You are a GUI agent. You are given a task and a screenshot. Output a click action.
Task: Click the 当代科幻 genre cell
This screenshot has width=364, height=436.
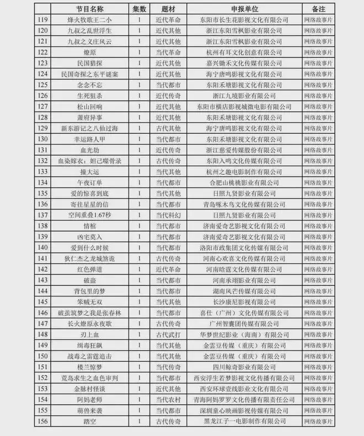[166, 214]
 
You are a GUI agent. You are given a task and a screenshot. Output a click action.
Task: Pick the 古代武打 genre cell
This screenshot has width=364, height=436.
[166, 335]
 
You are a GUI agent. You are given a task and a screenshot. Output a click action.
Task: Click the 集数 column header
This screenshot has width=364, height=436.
[139, 9]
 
